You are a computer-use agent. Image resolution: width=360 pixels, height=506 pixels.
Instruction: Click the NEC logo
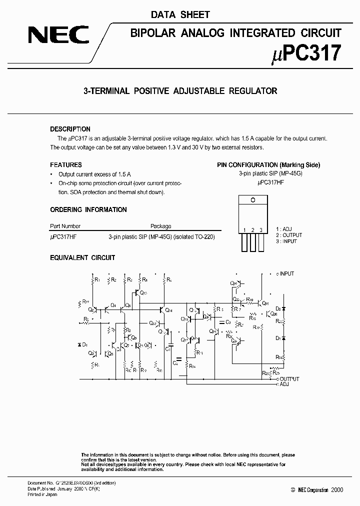[58, 35]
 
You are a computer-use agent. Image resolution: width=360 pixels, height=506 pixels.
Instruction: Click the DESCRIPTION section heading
[70, 129]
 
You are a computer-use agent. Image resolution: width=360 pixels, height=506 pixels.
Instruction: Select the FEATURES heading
[65, 165]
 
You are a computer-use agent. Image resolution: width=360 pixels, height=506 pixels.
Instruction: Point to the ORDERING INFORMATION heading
[88, 209]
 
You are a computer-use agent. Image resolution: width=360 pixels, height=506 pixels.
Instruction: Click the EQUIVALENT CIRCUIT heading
[82, 257]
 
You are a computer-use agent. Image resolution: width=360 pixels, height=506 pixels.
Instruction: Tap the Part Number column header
[65, 226]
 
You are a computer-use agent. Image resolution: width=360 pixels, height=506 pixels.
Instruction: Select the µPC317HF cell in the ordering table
[63, 236]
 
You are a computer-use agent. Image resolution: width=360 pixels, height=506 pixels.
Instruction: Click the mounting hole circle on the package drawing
[253, 199]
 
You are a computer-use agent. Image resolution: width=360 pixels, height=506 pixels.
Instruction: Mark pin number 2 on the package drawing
[253, 230]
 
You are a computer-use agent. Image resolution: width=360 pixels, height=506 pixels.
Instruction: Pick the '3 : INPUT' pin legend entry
[286, 241]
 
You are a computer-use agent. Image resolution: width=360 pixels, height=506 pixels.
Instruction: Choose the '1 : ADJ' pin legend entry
[283, 229]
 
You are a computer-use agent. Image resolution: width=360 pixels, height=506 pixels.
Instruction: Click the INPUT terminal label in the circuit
[287, 274]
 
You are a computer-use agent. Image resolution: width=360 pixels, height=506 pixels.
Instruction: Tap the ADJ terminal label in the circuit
[284, 384]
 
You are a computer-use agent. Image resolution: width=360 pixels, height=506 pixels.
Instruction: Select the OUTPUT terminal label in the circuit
[289, 379]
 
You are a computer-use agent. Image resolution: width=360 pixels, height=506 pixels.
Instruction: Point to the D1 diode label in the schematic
[85, 345]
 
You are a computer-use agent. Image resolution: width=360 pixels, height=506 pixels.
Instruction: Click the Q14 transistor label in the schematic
[168, 310]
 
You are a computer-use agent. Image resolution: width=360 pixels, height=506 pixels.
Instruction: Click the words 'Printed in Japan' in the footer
[42, 494]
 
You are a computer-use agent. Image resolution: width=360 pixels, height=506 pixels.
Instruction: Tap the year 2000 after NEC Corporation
[337, 490]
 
